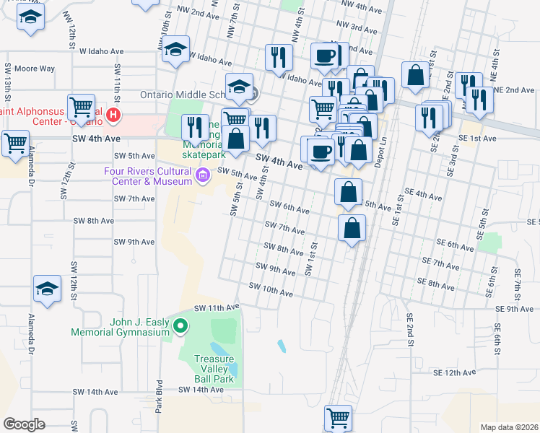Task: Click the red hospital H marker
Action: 113,115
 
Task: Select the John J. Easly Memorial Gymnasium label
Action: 140,327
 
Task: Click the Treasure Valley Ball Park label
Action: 214,368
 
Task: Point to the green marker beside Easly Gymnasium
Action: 180,328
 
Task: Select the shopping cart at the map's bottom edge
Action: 338,416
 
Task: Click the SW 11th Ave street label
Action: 214,307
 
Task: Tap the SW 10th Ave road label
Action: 271,290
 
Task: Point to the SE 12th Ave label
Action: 456,372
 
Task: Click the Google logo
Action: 24,424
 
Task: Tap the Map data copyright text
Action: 508,427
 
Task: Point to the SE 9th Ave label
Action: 515,308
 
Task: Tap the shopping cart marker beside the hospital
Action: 81,107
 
